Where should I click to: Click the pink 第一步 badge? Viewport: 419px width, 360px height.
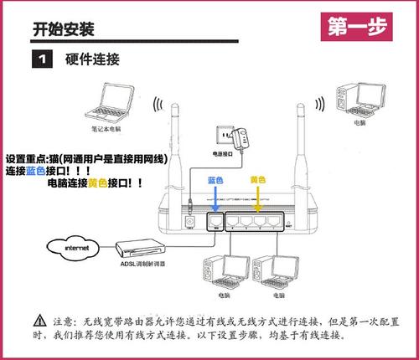pos(359,27)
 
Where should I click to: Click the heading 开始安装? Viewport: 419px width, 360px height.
pos(63,29)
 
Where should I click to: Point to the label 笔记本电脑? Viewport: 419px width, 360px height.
pos(107,130)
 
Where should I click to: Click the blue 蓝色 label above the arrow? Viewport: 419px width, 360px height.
pos(215,180)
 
